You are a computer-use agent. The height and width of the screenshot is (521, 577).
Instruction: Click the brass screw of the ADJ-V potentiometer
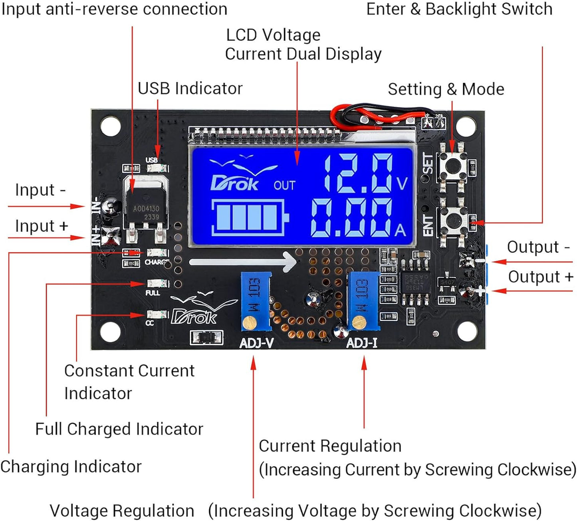click(250, 322)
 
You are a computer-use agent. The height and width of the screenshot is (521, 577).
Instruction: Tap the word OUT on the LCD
click(284, 186)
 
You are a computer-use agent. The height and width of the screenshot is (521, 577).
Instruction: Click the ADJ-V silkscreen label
click(256, 343)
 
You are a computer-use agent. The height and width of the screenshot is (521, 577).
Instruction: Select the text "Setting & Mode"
click(446, 89)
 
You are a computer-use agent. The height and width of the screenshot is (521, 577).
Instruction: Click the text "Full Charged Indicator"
click(119, 429)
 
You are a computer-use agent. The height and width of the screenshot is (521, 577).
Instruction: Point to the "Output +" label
click(540, 276)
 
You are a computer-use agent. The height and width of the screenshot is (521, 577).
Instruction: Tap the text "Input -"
click(40, 190)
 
